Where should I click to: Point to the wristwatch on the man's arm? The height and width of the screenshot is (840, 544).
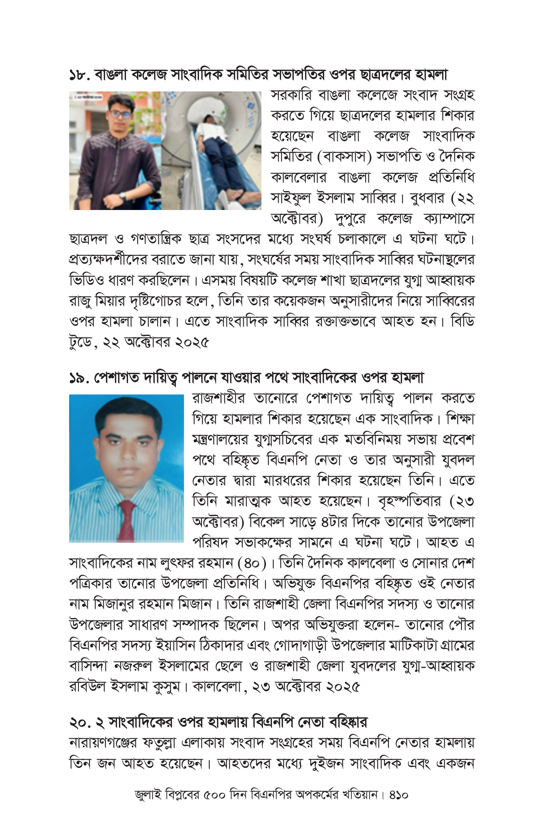[122, 196]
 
